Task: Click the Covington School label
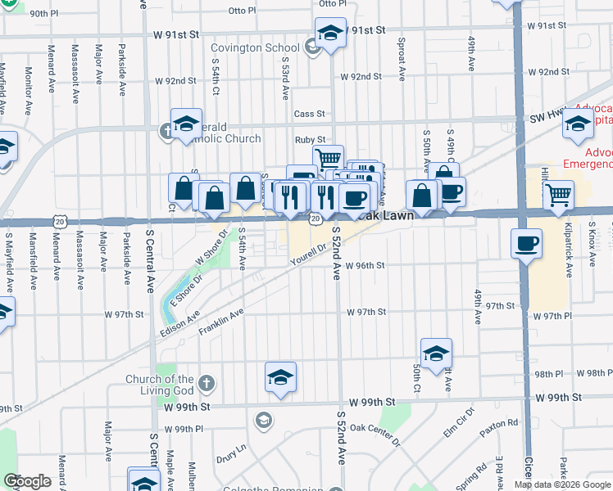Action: coord(260,47)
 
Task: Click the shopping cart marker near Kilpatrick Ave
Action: coord(558,195)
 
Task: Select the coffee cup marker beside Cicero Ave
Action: coord(525,241)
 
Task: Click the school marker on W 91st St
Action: coord(329,34)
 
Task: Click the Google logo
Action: coord(28,481)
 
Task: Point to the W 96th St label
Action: coord(365,265)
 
